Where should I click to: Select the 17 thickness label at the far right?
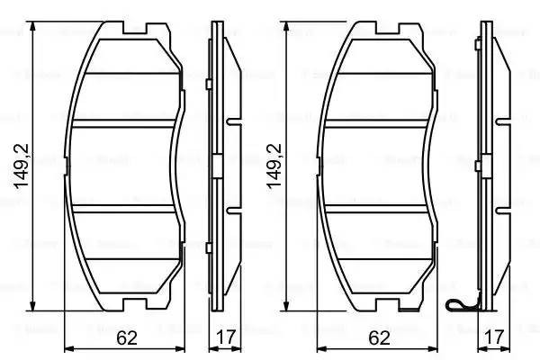click(492, 338)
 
